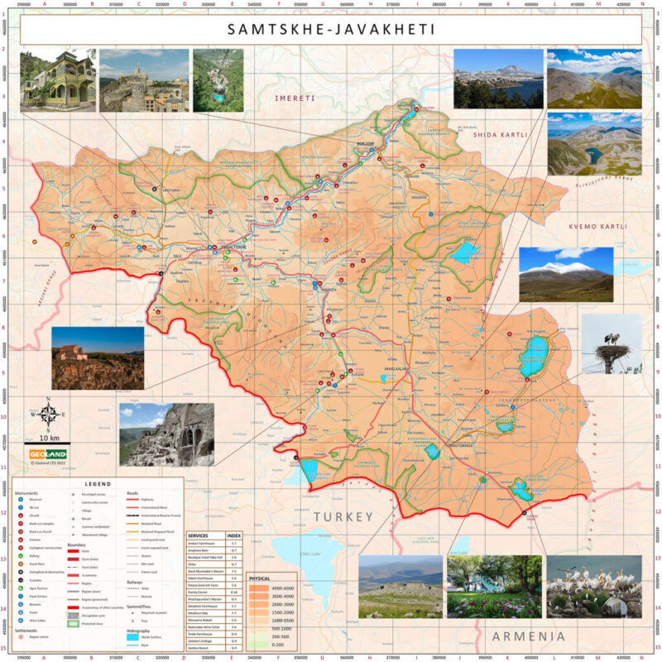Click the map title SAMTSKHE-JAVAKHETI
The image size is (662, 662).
(x=331, y=30)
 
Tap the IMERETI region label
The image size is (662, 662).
(x=295, y=98)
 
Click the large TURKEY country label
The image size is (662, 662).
(x=343, y=516)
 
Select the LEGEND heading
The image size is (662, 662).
(x=98, y=483)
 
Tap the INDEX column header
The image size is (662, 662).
(x=234, y=536)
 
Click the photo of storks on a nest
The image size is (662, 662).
(x=612, y=343)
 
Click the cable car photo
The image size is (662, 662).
(x=218, y=80)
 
